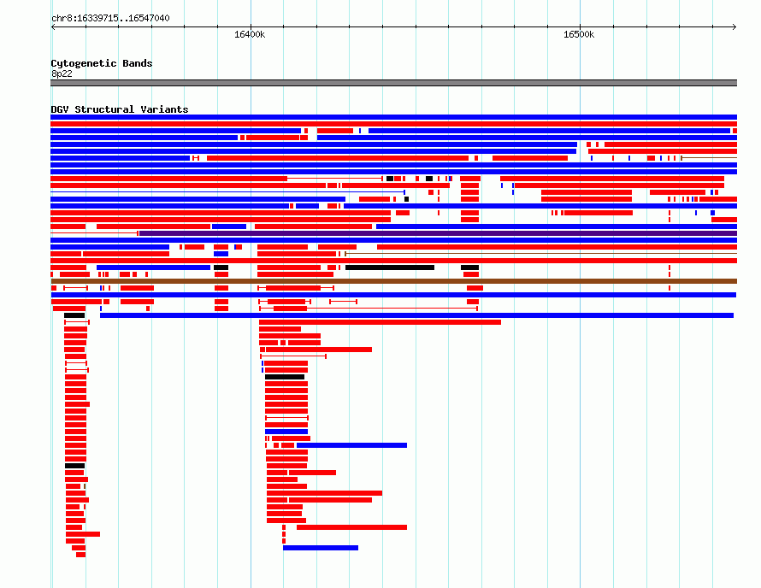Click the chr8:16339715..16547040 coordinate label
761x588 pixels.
(110, 19)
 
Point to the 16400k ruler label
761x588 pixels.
(250, 34)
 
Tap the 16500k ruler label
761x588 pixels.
(579, 34)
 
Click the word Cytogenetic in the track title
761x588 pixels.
(84, 63)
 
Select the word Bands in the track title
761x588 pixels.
(138, 63)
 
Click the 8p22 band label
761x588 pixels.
(62, 73)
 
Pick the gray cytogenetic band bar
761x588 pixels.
(393, 83)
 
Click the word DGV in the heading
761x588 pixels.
(60, 109)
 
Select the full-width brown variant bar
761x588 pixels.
(394, 281)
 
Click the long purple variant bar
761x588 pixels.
(439, 233)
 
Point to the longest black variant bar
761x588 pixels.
(390, 268)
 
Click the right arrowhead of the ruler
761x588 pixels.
(734, 27)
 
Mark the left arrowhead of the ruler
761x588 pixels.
(52, 27)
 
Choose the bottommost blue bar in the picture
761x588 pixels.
(321, 548)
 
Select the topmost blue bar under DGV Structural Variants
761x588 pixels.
(393, 117)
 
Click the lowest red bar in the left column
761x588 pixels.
(80, 555)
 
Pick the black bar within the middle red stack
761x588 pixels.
(285, 377)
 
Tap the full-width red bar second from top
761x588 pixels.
(393, 124)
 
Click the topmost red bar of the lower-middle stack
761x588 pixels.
(380, 322)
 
